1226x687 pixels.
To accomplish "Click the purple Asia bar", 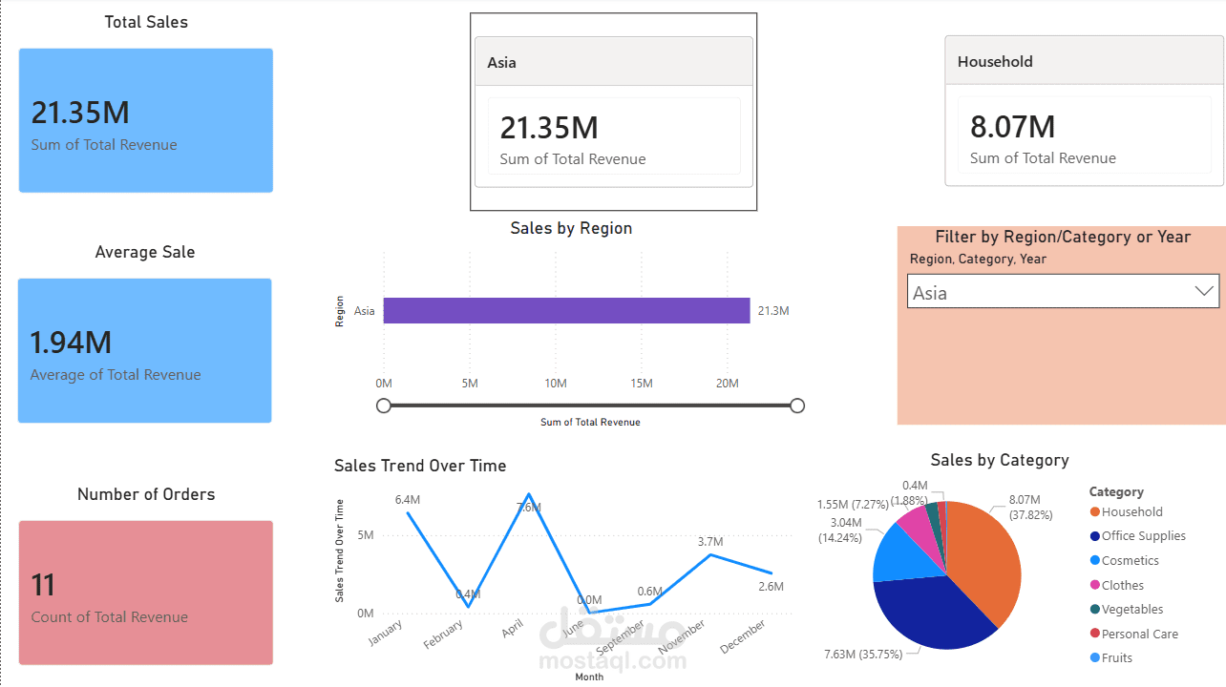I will [566, 311].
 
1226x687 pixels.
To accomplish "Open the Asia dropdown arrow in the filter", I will [1204, 292].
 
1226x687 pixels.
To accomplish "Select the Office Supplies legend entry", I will [1143, 536].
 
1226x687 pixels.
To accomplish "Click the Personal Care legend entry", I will [1139, 634].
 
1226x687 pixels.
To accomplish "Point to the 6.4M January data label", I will [408, 500].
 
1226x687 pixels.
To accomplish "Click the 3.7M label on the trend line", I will [709, 542].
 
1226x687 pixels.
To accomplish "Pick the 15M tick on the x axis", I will [642, 384].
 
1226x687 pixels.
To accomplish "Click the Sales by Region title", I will [571, 228].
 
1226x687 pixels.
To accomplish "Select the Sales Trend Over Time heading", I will [420, 466].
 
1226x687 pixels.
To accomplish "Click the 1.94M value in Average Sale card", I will [71, 343].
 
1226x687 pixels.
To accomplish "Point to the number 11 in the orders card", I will [43, 584].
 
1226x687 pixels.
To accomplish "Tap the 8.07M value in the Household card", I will [1012, 127].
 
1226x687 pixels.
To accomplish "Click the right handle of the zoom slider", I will [797, 406].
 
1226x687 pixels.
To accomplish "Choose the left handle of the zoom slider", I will [384, 406].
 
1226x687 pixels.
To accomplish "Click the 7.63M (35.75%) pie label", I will [868, 654].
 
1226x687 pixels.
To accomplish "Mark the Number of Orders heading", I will [146, 494].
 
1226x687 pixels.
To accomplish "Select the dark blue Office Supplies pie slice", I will [926, 611].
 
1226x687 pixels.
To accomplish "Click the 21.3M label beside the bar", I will [773, 311].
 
